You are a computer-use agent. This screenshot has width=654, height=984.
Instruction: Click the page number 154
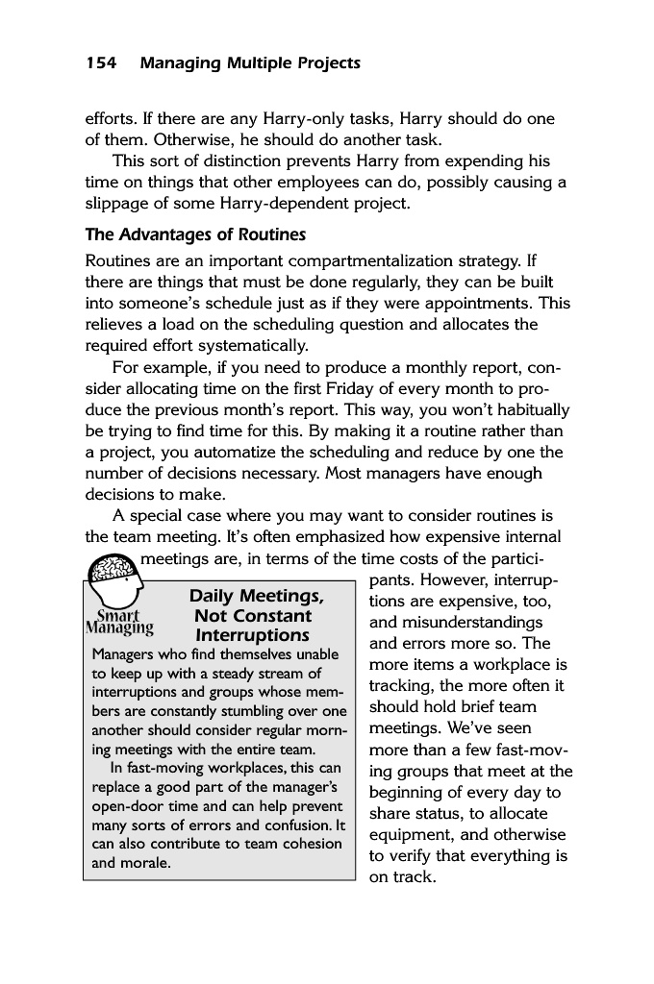[101, 63]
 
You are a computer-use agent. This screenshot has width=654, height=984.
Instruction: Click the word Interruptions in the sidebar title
[252, 635]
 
